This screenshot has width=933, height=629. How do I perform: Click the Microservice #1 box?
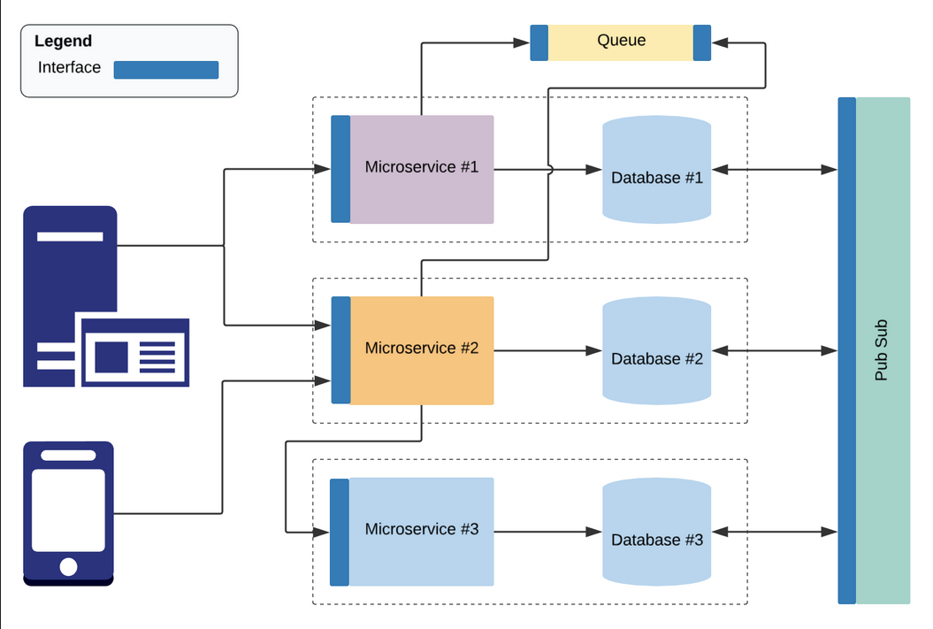coord(421,169)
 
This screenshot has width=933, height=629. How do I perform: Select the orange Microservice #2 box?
coord(421,350)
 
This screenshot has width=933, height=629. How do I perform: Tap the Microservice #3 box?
coord(421,531)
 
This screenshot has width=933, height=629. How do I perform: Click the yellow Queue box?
coord(621,42)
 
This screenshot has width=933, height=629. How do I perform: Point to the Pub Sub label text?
coord(881,350)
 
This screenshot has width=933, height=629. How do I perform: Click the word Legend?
coord(63,42)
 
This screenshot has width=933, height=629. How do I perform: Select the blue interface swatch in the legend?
coord(166,70)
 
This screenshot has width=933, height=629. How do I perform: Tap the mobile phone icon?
coord(68,513)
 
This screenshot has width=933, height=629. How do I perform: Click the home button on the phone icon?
coord(68,566)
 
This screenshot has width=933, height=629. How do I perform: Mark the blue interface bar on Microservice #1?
coord(340,169)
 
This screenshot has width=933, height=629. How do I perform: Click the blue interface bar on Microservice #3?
coord(340,532)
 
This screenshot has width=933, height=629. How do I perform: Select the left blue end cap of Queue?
coord(539,42)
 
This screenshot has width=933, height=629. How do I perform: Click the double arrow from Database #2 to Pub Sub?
coord(774,351)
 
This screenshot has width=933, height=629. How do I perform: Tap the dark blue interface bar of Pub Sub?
coord(846,350)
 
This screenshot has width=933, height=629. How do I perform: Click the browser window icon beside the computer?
coord(135,353)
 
